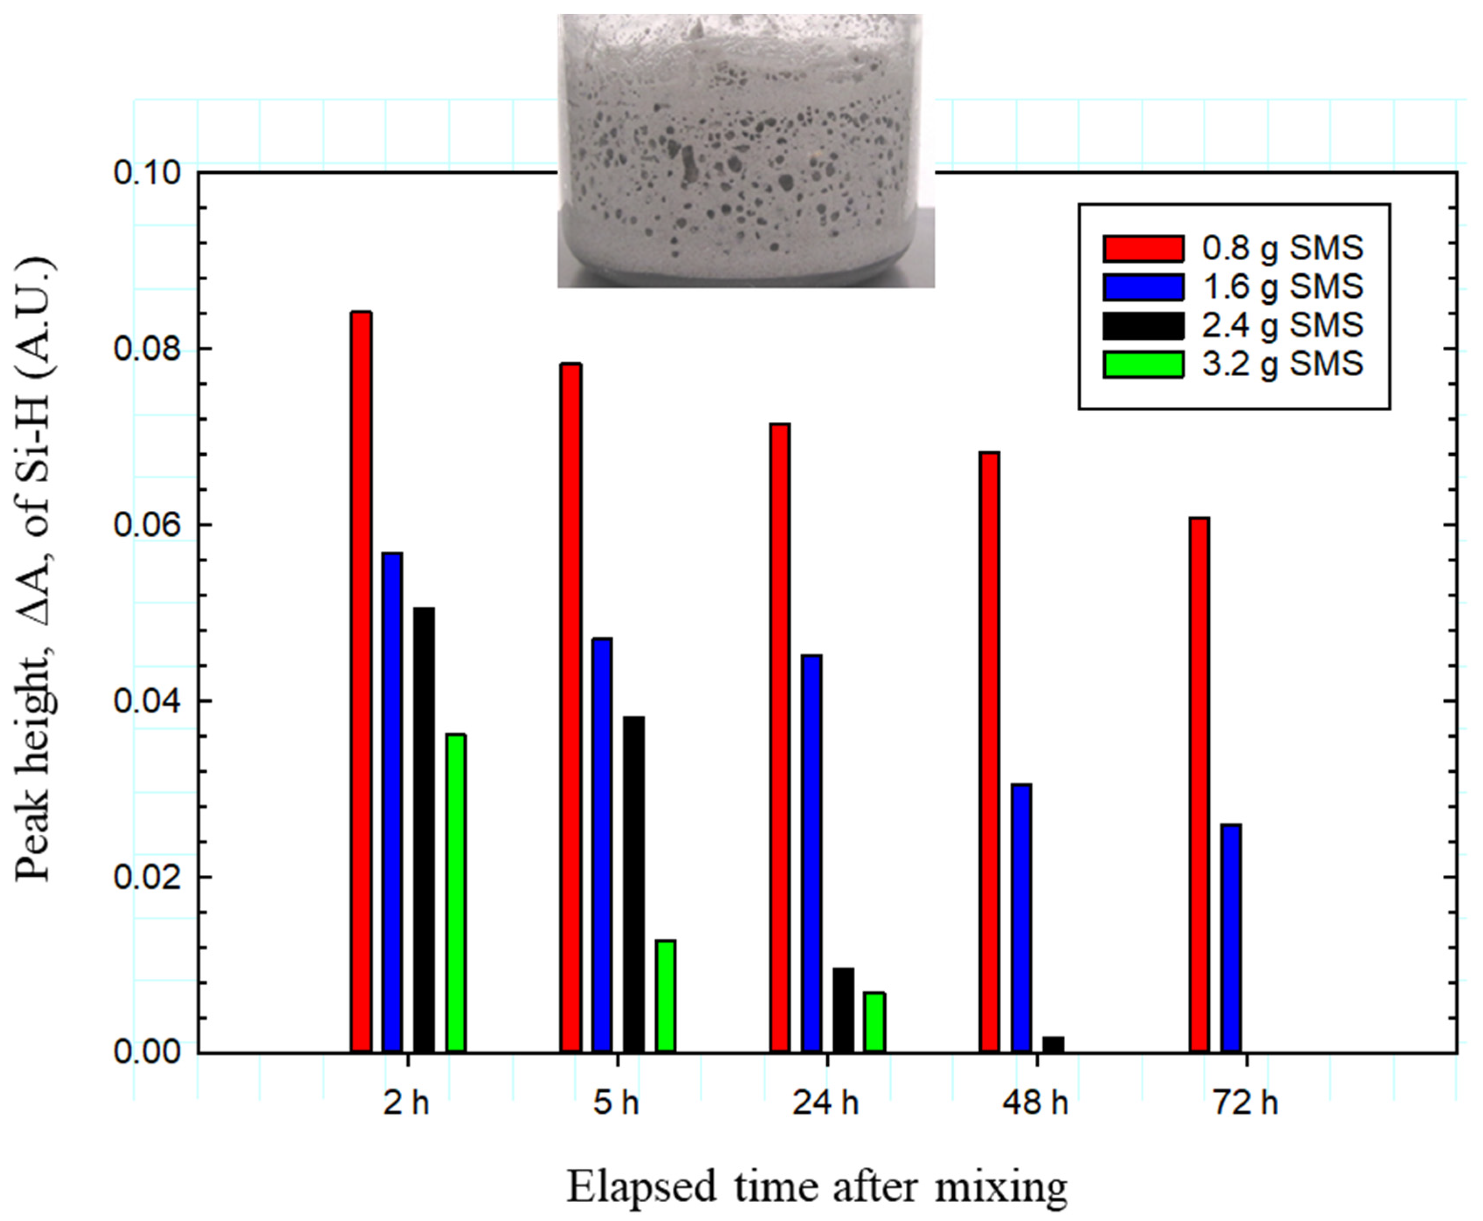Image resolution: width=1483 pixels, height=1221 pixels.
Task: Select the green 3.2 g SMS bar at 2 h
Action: pyautogui.click(x=456, y=893)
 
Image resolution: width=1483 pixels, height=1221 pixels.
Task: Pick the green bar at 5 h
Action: pyautogui.click(x=665, y=995)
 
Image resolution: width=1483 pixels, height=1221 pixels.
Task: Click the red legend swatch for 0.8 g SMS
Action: pyautogui.click(x=1142, y=248)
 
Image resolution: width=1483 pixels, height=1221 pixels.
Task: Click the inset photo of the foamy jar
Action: pyautogui.click(x=745, y=151)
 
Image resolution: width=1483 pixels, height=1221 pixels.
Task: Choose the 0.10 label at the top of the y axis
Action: pyautogui.click(x=146, y=172)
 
